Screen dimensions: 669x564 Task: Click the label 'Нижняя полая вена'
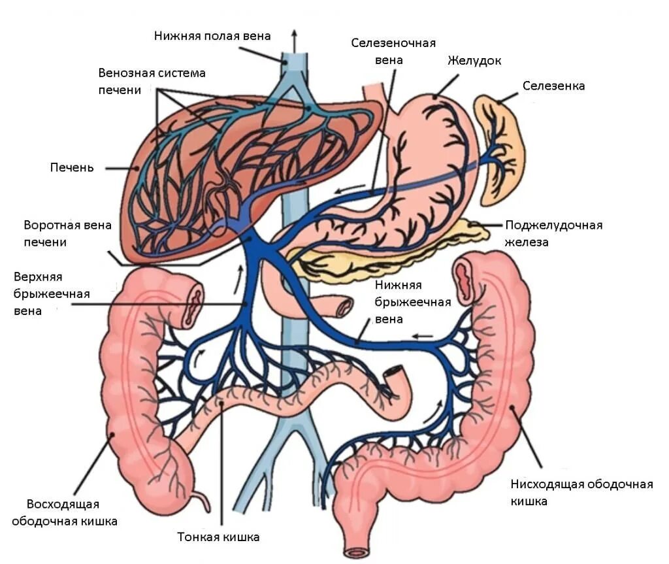[212, 35]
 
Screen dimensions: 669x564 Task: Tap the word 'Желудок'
[474, 61]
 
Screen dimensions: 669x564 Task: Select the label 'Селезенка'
[553, 86]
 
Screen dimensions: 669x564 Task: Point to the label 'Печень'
[72, 167]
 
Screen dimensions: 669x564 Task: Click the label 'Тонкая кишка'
[218, 537]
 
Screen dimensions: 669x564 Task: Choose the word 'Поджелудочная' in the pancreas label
[553, 225]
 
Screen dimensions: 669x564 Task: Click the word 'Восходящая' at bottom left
[63, 504]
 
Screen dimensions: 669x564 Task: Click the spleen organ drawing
[500, 147]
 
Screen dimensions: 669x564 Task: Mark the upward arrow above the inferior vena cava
[293, 41]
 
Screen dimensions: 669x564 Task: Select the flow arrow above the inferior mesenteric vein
[422, 337]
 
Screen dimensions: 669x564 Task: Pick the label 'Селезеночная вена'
[393, 52]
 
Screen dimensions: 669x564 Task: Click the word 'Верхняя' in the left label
[37, 277]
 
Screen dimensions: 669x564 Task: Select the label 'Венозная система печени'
[152, 80]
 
